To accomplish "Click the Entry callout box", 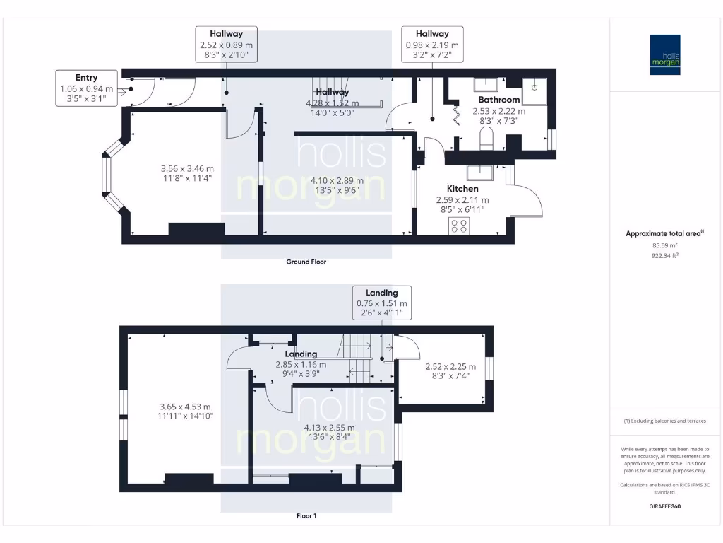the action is tap(86, 88).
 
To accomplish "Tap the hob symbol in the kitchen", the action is tap(459, 226).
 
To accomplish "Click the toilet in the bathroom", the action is tap(486, 139).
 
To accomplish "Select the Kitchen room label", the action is tap(462, 188).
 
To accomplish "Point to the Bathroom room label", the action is tap(499, 99).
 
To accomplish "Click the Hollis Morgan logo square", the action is tap(665, 54).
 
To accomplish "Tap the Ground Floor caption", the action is tap(306, 262).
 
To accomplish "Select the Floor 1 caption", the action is tap(306, 515).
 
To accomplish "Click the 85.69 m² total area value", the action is tap(665, 245).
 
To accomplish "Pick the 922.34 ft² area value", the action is tap(665, 255).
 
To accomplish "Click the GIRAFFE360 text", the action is tap(665, 506).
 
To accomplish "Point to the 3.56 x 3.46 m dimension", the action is tap(187, 168).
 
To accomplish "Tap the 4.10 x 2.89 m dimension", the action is tap(337, 180).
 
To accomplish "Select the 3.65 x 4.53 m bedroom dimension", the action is tap(185, 407).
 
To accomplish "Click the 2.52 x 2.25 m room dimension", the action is tap(450, 367).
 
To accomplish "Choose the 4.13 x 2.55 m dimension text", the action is tap(329, 428).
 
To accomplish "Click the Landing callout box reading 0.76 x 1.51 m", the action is tap(382, 303).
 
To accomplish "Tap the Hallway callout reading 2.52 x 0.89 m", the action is tap(227, 44).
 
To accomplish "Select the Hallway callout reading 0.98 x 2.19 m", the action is tap(432, 44).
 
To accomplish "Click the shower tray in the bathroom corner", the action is tap(534, 91).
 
